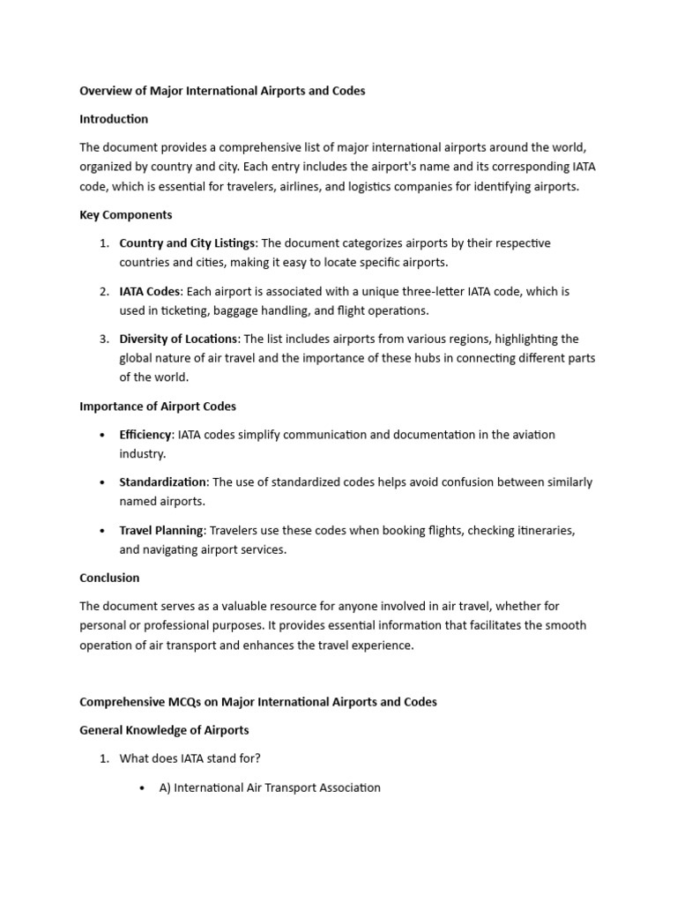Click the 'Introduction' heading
pyautogui.click(x=114, y=119)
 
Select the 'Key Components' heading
pyautogui.click(x=125, y=215)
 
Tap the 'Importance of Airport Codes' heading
pyautogui.click(x=158, y=407)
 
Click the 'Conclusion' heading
pyautogui.click(x=109, y=578)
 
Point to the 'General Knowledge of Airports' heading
pyautogui.click(x=164, y=730)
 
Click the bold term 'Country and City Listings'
pyautogui.click(x=187, y=243)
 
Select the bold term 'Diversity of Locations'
pyautogui.click(x=178, y=339)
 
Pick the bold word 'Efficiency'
pyautogui.click(x=146, y=435)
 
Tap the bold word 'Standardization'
pyautogui.click(x=163, y=482)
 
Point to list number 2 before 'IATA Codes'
pyautogui.click(x=103, y=291)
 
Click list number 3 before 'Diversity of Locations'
pyautogui.click(x=103, y=339)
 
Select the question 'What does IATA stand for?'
pyautogui.click(x=190, y=759)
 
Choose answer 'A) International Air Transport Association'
pyautogui.click(x=270, y=788)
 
